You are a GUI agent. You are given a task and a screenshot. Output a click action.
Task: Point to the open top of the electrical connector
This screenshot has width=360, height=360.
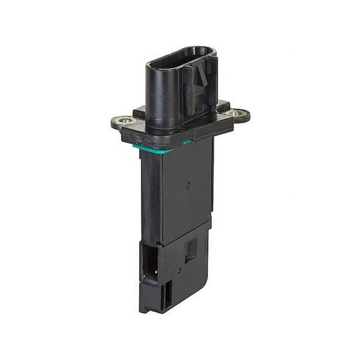181,52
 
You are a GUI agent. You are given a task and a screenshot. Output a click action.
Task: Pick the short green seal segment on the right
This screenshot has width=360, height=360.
187,142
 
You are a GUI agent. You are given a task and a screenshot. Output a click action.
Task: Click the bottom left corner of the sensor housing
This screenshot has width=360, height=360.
142,310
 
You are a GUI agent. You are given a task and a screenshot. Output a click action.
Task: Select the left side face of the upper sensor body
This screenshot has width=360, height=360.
150,194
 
